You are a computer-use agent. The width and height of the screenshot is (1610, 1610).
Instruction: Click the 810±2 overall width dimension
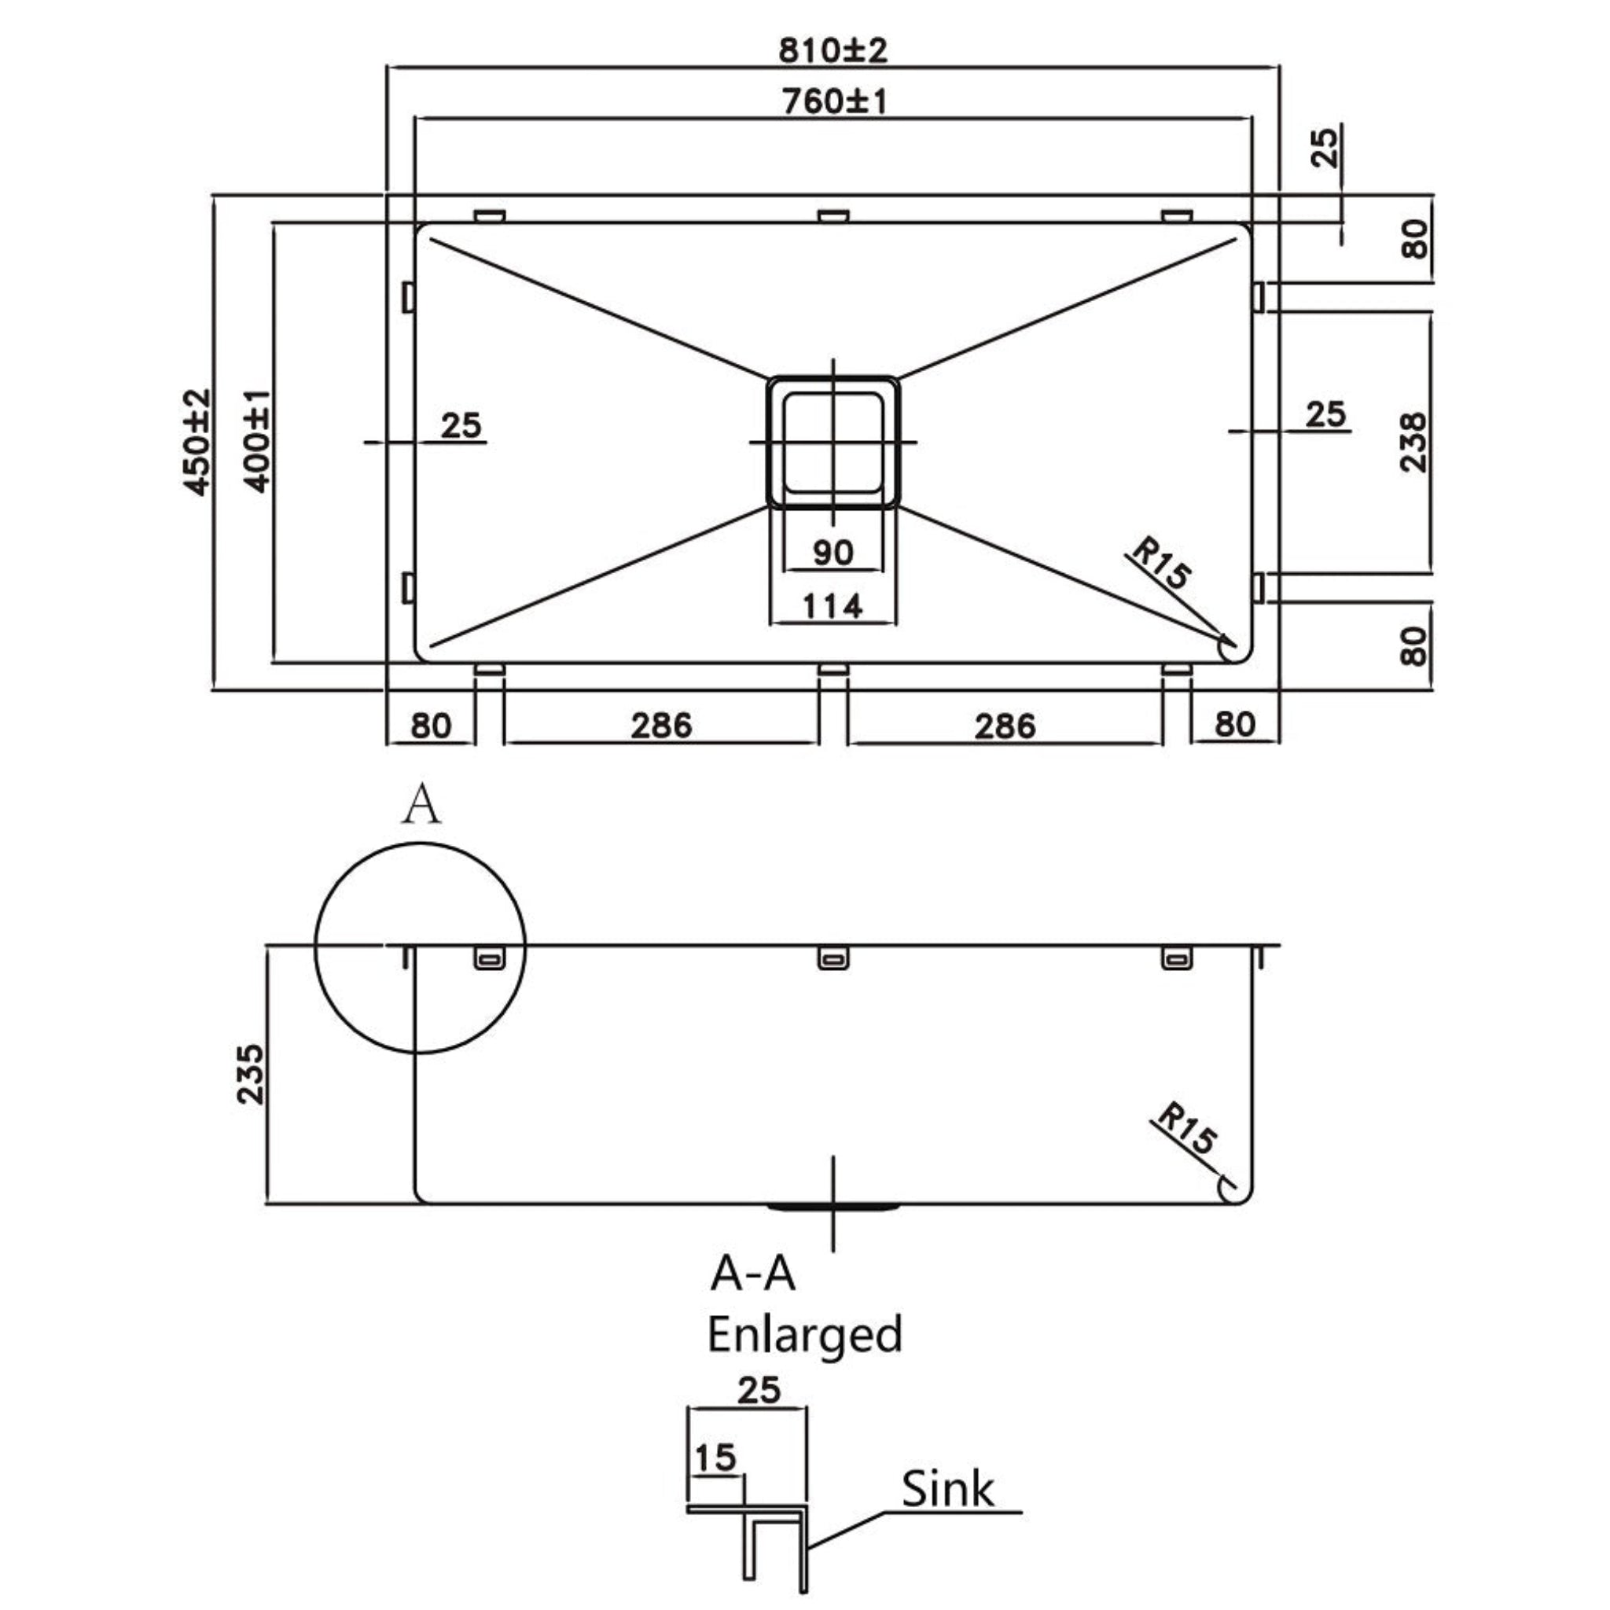coord(833,51)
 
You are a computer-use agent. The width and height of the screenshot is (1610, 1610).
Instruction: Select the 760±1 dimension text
coord(834,101)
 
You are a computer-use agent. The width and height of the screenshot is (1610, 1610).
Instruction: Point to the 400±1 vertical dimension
coord(258,443)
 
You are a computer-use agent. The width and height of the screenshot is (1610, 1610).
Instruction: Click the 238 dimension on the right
coord(1413,443)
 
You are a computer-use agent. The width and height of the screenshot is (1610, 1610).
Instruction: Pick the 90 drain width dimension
coord(833,553)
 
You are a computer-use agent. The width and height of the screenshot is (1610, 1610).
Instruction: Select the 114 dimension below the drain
coord(833,606)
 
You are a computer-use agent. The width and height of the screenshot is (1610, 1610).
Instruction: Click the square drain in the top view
coord(833,442)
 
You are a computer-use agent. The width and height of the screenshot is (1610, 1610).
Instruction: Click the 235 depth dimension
coord(250,1075)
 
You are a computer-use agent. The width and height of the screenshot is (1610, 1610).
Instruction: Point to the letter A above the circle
coord(421,806)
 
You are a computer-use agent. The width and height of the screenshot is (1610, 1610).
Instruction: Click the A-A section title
coord(752,1274)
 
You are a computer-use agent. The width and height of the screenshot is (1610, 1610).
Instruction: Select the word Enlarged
coord(804,1334)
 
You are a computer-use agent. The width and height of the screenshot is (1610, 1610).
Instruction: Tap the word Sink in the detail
coord(947,1489)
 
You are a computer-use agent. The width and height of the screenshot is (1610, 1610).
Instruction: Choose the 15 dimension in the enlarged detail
coord(715,1457)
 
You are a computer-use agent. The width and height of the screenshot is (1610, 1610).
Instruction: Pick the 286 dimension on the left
coord(661,726)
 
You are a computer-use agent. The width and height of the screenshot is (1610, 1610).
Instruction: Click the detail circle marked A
coord(420,948)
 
